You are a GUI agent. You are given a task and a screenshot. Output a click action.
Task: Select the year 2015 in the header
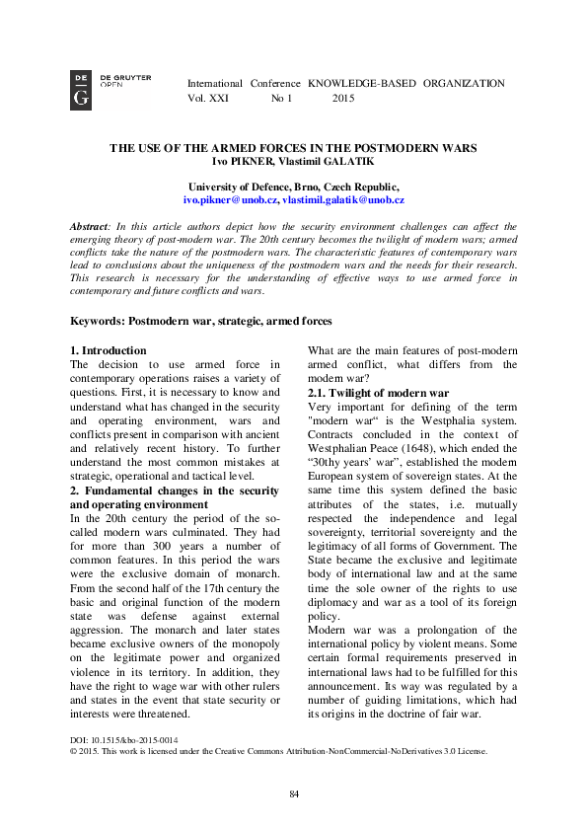click(343, 100)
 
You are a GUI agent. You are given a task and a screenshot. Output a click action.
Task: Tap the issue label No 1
click(282, 100)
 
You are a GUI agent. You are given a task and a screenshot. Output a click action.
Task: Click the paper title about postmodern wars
click(293, 148)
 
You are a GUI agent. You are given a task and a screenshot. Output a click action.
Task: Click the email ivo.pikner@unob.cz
click(237, 199)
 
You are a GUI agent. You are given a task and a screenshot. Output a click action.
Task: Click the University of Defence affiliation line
click(293, 187)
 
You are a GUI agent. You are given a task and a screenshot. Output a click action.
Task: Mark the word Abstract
click(91, 226)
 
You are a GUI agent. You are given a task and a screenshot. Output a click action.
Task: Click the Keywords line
click(201, 321)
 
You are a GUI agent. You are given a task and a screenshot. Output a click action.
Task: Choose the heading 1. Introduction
click(109, 350)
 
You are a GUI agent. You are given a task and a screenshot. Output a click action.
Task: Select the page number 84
click(293, 794)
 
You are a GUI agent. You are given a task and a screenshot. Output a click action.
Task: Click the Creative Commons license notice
click(278, 750)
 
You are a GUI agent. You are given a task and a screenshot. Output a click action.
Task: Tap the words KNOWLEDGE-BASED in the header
click(361, 84)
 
